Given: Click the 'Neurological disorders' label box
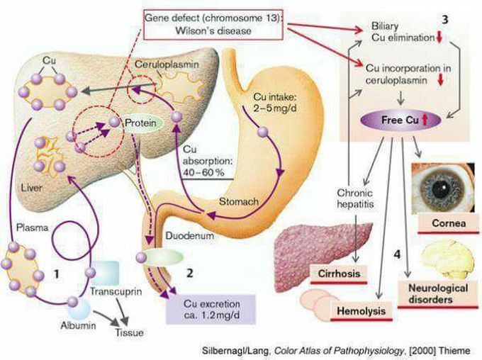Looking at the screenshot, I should pyautogui.click(x=439, y=294).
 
